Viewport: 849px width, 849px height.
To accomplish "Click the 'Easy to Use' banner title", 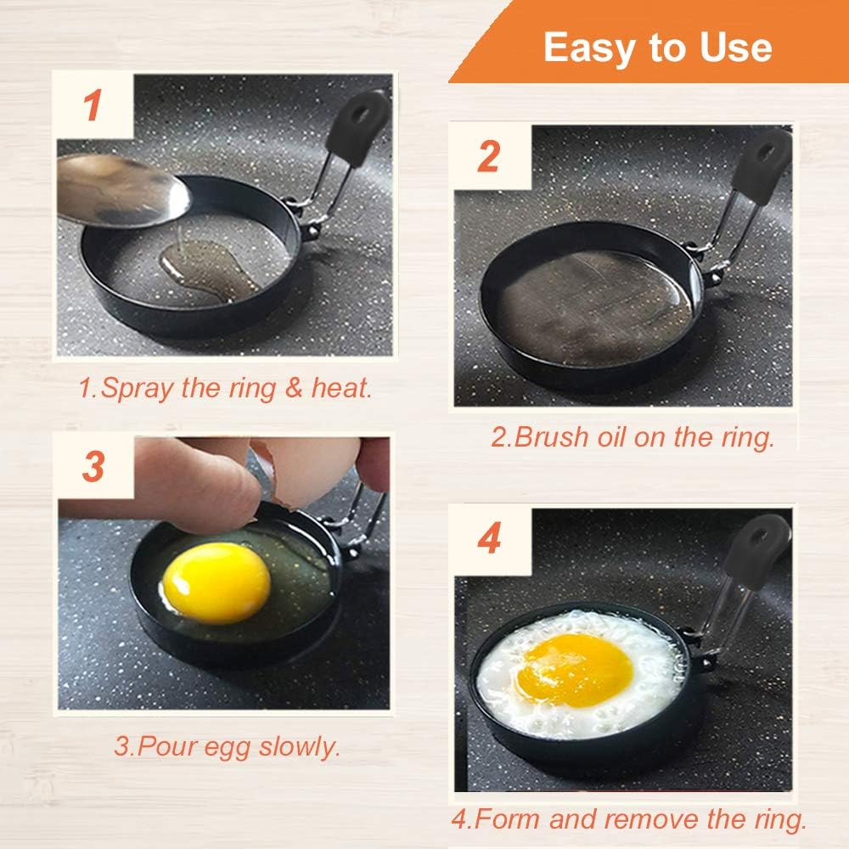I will click(657, 48).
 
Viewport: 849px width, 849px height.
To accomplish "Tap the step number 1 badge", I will click(93, 106).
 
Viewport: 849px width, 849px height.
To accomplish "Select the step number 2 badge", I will click(489, 157).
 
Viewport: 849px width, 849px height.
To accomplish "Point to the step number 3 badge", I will click(93, 468).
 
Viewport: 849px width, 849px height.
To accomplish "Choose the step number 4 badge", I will click(489, 539).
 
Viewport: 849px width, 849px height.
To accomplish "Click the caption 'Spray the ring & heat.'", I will click(225, 389).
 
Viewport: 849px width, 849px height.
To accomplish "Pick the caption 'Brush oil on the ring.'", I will click(633, 437).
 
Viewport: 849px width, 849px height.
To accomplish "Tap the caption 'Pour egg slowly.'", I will click(227, 748).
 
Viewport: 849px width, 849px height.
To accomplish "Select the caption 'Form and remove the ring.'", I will click(628, 820).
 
